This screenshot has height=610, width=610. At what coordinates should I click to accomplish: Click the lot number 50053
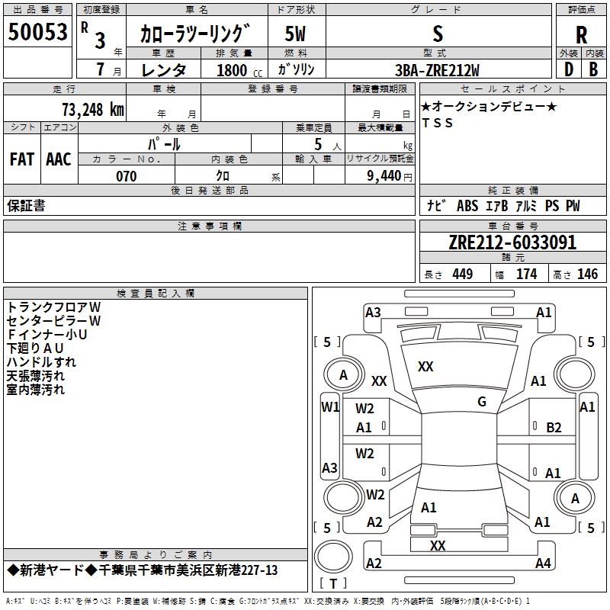pyautogui.click(x=37, y=31)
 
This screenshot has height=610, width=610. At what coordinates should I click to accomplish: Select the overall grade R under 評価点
pyautogui.click(x=581, y=35)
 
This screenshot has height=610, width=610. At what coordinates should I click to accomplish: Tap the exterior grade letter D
pyautogui.click(x=568, y=69)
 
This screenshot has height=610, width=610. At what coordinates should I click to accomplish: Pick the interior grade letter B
pyautogui.click(x=593, y=69)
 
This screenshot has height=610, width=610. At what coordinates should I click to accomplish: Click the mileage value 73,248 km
pyautogui.click(x=93, y=110)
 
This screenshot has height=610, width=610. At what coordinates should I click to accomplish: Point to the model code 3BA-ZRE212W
pyautogui.click(x=437, y=70)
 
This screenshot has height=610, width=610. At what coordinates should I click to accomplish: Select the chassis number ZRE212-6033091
pyautogui.click(x=512, y=242)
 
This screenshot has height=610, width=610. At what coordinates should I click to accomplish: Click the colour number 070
pyautogui.click(x=127, y=176)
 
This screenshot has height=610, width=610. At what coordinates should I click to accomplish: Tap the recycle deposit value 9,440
pyautogui.click(x=384, y=176)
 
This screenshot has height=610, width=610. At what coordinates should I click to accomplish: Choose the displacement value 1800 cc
pyautogui.click(x=239, y=70)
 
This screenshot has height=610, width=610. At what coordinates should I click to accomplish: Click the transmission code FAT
pyautogui.click(x=22, y=159)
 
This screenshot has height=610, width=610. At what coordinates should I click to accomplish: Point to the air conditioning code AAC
pyautogui.click(x=59, y=159)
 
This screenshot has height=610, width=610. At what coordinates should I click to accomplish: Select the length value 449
pyautogui.click(x=463, y=274)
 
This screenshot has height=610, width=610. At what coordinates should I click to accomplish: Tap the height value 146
pyautogui.click(x=587, y=274)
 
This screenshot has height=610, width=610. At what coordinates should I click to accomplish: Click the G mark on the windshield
pyautogui.click(x=482, y=402)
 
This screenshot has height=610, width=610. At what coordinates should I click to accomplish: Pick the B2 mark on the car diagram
pyautogui.click(x=554, y=428)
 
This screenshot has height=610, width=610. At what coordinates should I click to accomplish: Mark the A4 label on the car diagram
pyautogui.click(x=543, y=563)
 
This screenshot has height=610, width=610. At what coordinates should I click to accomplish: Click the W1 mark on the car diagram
pyautogui.click(x=330, y=407)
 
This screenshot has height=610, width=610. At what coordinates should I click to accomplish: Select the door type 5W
pyautogui.click(x=295, y=34)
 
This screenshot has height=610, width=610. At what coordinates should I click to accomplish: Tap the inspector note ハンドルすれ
pyautogui.click(x=41, y=362)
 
